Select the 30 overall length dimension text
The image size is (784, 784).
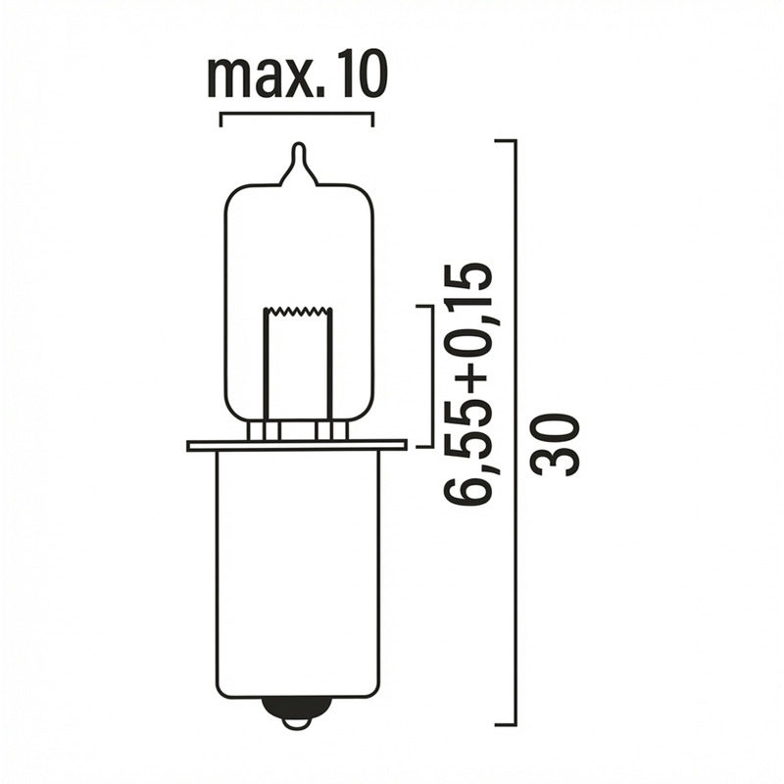tap(558, 444)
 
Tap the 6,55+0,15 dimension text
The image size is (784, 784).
tap(467, 382)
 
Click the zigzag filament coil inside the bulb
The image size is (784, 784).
tap(298, 312)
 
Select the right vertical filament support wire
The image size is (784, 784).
tap(331, 367)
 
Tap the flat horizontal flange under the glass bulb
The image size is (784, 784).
tap(297, 446)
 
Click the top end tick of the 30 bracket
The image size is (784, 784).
tap(505, 141)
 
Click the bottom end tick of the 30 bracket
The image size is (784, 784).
tap(505, 725)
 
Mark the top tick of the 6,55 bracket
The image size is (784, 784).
tap(423, 307)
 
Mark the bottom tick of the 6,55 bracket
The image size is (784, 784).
tap(423, 446)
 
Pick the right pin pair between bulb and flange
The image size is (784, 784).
tap(330, 431)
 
